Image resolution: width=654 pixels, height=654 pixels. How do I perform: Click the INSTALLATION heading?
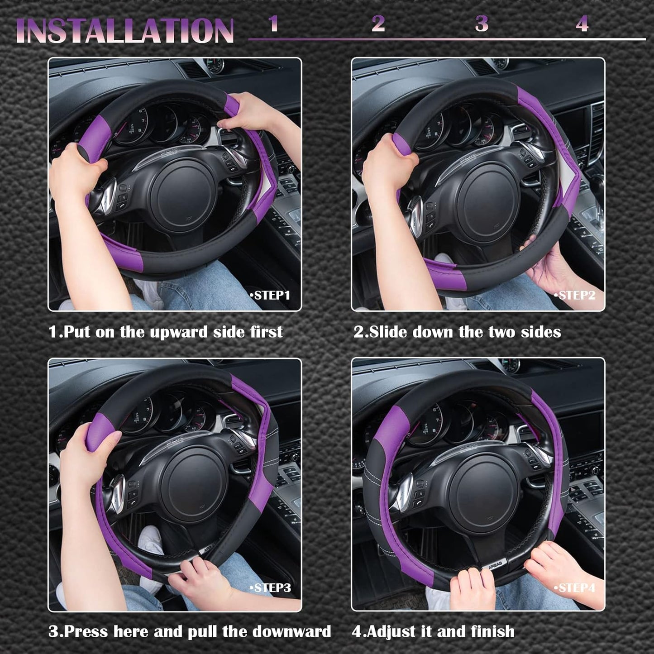pos(125,31)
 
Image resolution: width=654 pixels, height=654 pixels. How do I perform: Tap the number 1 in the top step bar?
pos(273,24)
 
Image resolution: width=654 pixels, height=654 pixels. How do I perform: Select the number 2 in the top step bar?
pos(378,24)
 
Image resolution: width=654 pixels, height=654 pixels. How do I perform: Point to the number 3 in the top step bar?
pos(482,24)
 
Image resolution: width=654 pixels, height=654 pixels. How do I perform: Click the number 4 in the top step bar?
pos(582,24)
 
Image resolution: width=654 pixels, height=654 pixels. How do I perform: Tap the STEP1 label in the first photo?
pos(270,296)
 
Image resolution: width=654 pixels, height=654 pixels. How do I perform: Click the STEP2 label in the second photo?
pos(575,296)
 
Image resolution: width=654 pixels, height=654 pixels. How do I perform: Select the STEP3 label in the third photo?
pos(271,588)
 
